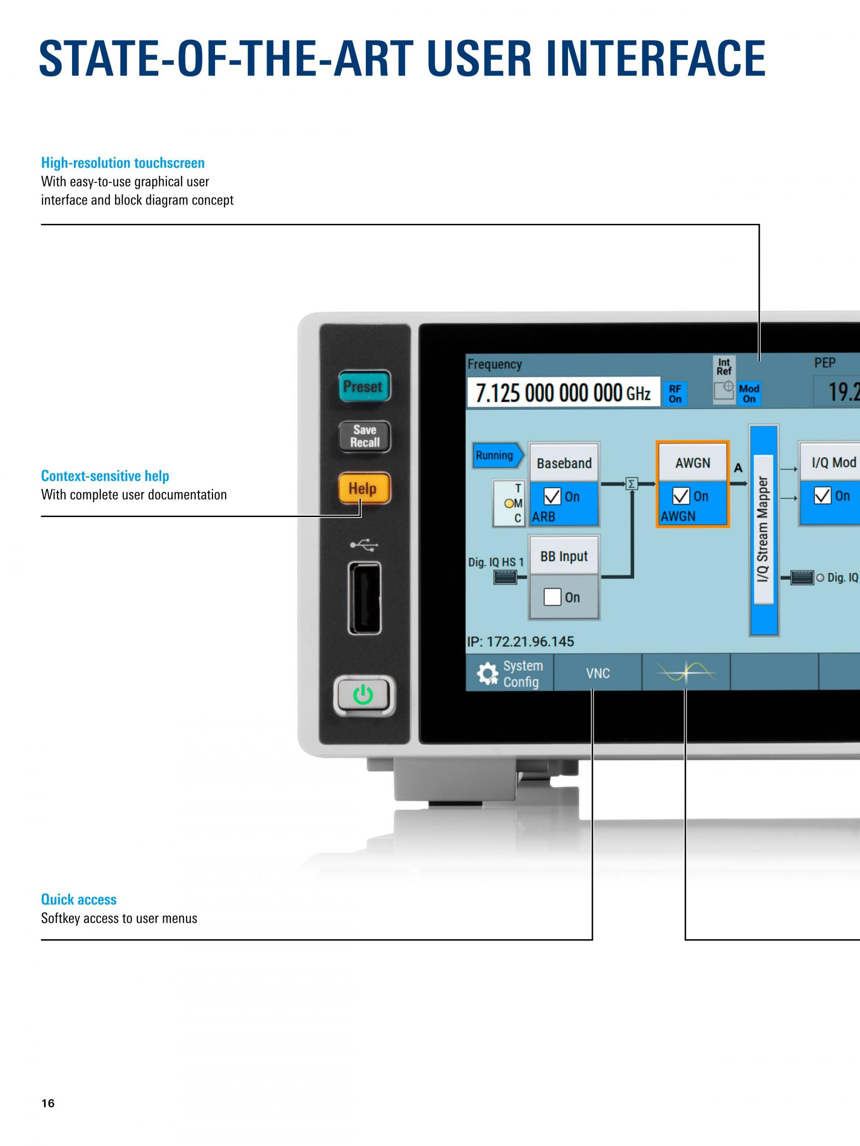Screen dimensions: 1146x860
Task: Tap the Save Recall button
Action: pyautogui.click(x=365, y=436)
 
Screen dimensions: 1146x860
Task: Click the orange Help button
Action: pyautogui.click(x=364, y=488)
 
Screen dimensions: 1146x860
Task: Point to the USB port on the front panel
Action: pyautogui.click(x=365, y=598)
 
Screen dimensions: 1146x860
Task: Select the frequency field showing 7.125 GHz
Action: pyautogui.click(x=563, y=392)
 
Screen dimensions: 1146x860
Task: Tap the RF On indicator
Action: pyautogui.click(x=675, y=394)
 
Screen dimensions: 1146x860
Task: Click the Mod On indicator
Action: pyautogui.click(x=749, y=394)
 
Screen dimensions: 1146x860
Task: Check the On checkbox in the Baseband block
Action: pyautogui.click(x=552, y=496)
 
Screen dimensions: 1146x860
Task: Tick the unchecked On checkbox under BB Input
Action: pyautogui.click(x=552, y=597)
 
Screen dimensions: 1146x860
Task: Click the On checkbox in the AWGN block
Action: pyautogui.click(x=681, y=496)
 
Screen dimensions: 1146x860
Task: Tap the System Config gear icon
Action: pyautogui.click(x=487, y=674)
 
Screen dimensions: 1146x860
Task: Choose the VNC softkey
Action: pyautogui.click(x=598, y=673)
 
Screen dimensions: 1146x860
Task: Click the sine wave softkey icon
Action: pyautogui.click(x=686, y=672)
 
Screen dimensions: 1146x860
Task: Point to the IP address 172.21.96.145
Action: pyautogui.click(x=520, y=641)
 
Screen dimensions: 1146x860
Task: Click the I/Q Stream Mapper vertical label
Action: pyautogui.click(x=763, y=530)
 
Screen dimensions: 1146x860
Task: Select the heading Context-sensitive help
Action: pyautogui.click(x=105, y=475)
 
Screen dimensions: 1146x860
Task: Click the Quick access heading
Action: pyautogui.click(x=79, y=899)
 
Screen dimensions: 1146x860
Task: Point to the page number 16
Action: pyautogui.click(x=47, y=1103)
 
